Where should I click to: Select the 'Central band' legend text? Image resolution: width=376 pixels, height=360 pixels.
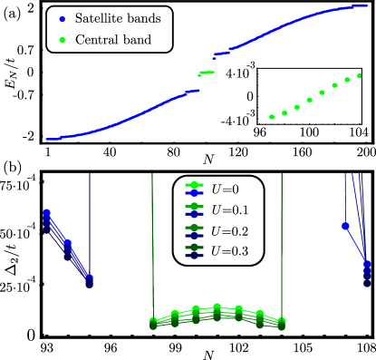(x=113, y=40)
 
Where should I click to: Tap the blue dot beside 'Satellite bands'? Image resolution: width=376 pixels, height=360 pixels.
(x=61, y=19)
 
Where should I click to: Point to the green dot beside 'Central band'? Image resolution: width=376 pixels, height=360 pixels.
(x=61, y=40)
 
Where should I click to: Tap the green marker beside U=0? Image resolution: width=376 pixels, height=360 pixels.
(x=192, y=186)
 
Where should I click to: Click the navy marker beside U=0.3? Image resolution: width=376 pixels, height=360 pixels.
(x=192, y=256)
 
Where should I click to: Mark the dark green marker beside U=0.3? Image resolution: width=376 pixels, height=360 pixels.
(x=192, y=248)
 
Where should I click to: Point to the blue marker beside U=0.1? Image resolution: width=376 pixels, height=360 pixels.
(x=192, y=214)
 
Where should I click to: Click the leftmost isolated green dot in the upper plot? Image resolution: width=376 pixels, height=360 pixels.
(x=272, y=117)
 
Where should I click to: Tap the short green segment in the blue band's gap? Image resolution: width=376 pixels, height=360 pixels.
(x=207, y=73)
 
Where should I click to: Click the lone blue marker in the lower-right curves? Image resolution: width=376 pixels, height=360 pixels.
(x=345, y=226)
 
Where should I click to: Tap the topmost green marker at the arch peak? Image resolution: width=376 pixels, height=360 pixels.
(x=217, y=306)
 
